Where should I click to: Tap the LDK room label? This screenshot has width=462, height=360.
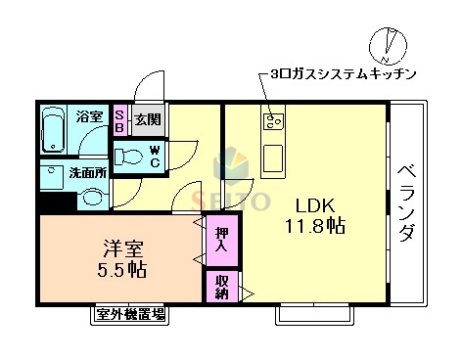click(x=316, y=205)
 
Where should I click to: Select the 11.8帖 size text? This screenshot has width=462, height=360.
click(x=316, y=226)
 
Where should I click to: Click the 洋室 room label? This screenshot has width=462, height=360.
click(x=123, y=245)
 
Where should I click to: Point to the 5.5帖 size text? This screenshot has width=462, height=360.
click(x=123, y=269)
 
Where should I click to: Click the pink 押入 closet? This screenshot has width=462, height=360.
click(x=220, y=240)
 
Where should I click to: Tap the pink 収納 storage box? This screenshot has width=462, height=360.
click(x=220, y=286)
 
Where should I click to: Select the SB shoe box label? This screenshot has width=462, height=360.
click(x=120, y=119)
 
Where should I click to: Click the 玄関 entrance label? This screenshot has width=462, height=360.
click(x=148, y=119)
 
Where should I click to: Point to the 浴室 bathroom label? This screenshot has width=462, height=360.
click(x=90, y=117)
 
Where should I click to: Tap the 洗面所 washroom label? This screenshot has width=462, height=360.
click(x=87, y=173)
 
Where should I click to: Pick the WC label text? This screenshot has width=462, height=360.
click(x=154, y=156)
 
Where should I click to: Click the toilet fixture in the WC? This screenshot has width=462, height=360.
click(x=126, y=157)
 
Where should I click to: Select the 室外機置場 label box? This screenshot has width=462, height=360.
click(x=130, y=314)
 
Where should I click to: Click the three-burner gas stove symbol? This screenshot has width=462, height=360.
click(x=272, y=121)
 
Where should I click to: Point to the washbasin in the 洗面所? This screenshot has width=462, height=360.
click(x=91, y=196)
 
